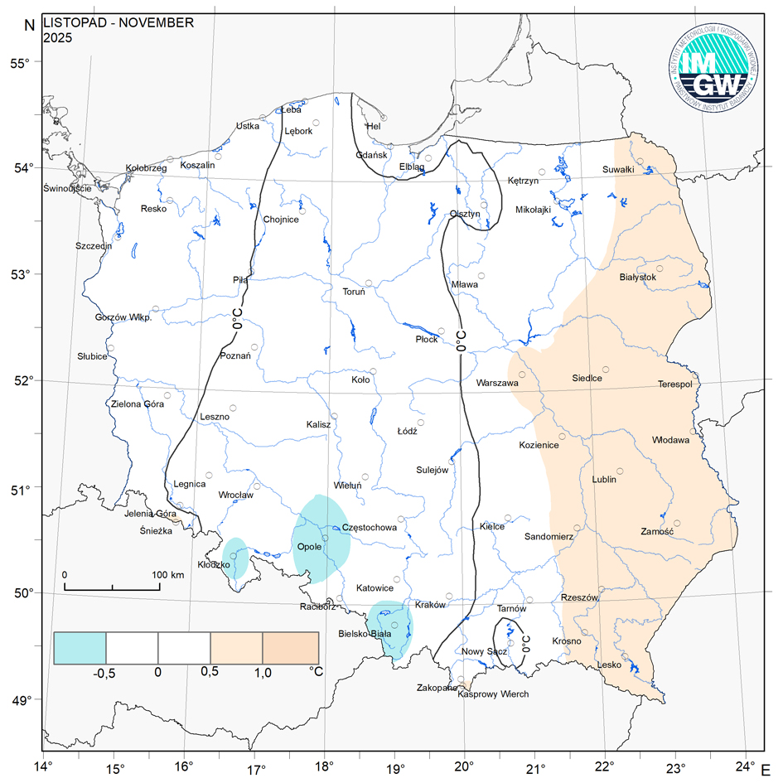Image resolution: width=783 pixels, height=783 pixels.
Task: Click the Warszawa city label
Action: click(497, 384)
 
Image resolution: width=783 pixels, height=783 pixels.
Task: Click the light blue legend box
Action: click(80, 648)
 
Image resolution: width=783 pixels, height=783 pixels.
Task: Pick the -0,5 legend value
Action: click(103, 673)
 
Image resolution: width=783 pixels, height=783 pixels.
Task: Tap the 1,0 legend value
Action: click(262, 673)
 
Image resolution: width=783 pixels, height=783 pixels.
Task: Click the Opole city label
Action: click(309, 547)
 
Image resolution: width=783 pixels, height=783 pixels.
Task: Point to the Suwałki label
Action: click(618, 170)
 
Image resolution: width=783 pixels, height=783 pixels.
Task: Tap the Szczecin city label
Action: click(94, 246)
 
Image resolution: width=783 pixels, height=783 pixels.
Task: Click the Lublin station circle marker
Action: click(620, 471)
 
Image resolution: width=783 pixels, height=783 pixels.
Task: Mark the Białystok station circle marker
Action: click(660, 268)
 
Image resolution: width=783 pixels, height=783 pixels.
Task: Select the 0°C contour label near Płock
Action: click(461, 340)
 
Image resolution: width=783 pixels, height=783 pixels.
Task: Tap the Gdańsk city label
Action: click(371, 155)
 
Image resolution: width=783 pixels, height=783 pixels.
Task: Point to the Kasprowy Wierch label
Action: click(493, 694)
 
